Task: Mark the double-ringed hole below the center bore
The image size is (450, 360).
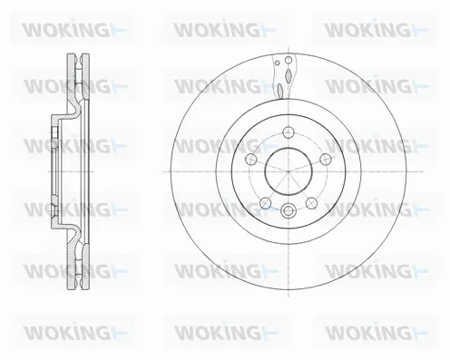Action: pos(288,211)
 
